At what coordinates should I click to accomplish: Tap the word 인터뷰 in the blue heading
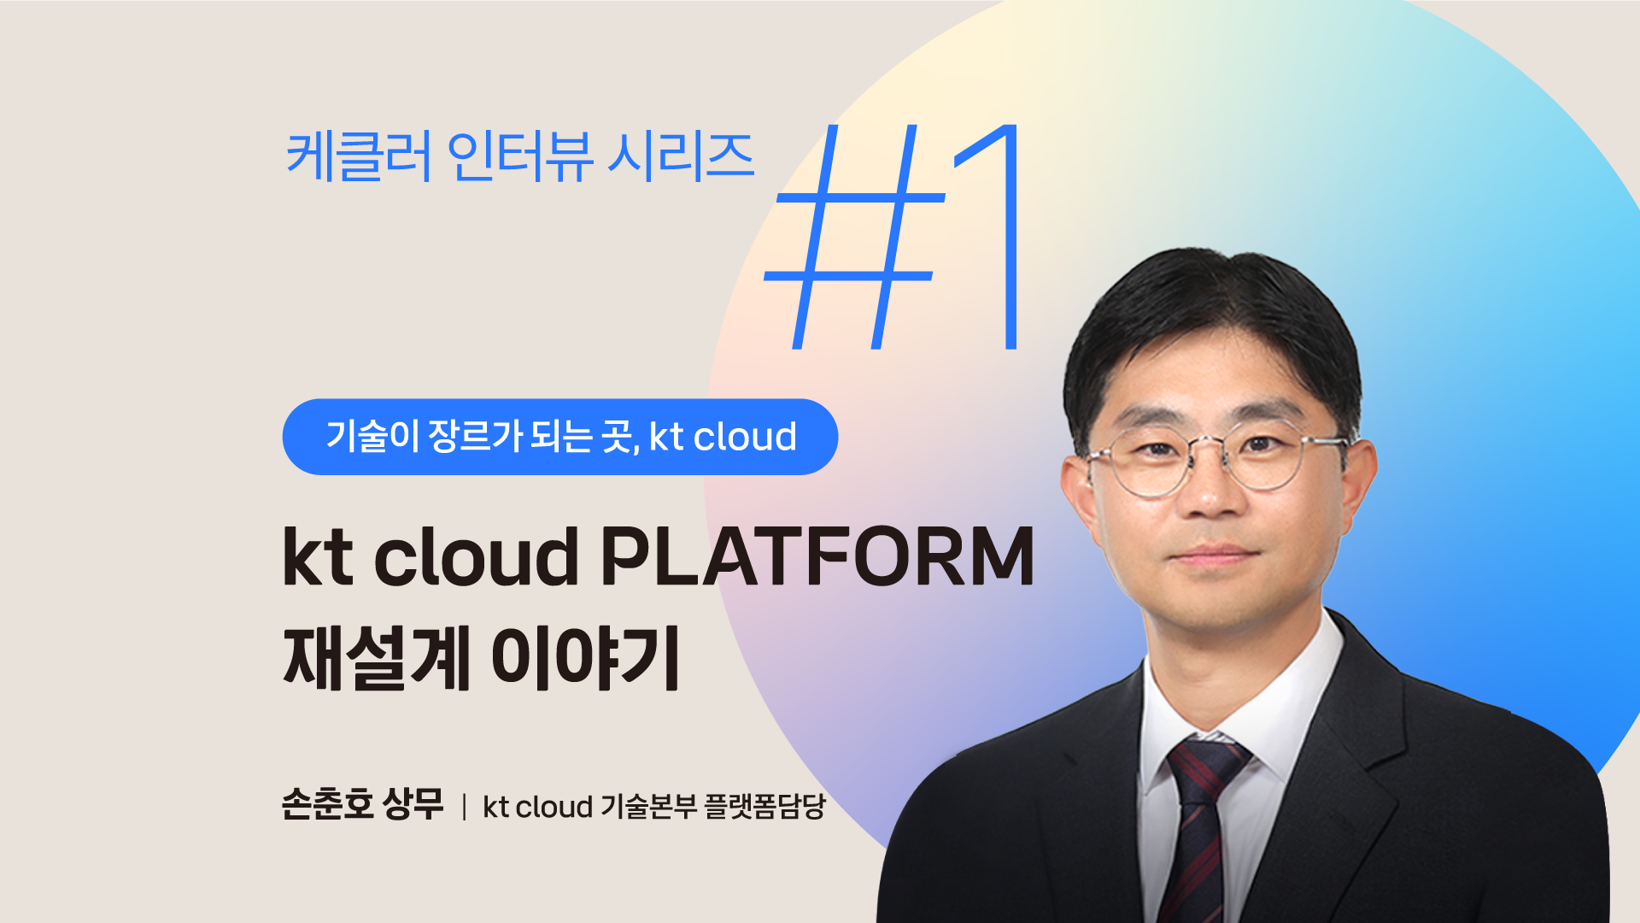[518, 157]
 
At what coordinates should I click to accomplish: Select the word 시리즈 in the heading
[681, 157]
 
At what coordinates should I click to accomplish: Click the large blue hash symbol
[854, 238]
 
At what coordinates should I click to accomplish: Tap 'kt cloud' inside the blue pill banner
[723, 437]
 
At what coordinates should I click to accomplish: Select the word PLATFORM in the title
[817, 556]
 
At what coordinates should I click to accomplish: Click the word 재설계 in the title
[377, 657]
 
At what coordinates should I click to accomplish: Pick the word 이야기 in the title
[585, 657]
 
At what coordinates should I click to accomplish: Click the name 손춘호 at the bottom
[327, 804]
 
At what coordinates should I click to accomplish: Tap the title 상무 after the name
[413, 804]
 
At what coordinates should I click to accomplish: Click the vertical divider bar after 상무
[464, 807]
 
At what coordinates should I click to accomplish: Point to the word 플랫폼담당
[764, 806]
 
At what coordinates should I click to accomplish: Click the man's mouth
[1214, 556]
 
